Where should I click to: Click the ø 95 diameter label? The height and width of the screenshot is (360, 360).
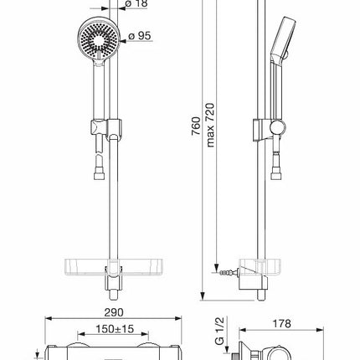140,36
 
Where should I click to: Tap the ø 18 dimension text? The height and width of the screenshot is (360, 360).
136,3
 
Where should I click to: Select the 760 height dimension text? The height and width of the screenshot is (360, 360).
196,126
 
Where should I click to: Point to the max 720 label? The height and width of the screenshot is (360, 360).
210,125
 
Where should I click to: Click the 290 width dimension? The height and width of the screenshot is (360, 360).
114,312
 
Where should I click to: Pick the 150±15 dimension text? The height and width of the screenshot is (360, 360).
115,329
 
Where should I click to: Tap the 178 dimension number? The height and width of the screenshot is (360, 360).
281,324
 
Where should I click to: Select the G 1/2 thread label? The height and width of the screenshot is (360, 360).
219,332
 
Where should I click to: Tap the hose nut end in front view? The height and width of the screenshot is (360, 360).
99,176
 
